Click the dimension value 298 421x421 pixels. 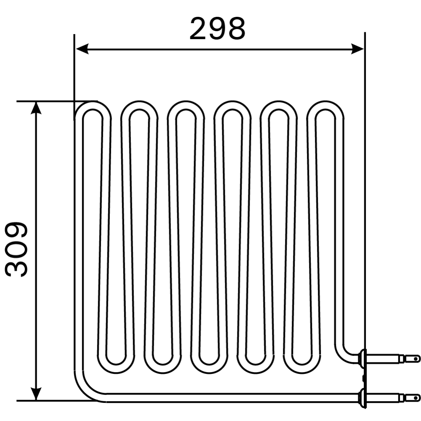click(217, 29)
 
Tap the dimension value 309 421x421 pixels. click(17, 249)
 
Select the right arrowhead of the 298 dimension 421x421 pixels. click(357, 49)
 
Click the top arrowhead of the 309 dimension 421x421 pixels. click(37, 108)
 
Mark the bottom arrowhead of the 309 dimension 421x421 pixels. click(37, 394)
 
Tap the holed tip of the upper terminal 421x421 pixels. click(415, 359)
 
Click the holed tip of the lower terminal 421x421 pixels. click(415, 397)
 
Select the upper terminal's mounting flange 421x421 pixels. click(362, 359)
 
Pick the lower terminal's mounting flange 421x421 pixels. click(362, 397)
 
